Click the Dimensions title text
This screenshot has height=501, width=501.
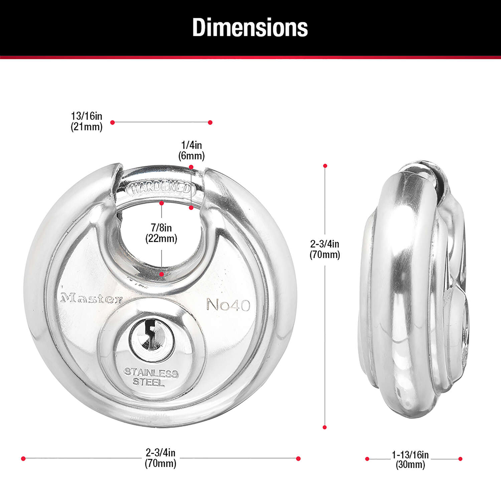250,27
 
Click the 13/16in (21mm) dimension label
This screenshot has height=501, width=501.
87,121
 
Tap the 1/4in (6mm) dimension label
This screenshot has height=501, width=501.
191,150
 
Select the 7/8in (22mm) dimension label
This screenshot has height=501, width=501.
161,233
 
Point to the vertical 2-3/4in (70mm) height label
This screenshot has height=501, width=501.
325,249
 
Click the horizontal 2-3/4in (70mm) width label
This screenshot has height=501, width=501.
160,458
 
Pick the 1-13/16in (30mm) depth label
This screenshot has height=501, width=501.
410,460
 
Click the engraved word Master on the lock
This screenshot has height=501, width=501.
91,298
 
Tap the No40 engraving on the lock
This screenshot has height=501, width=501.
228,305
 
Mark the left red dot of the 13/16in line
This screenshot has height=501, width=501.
113,123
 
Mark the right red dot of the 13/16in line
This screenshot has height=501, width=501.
210,123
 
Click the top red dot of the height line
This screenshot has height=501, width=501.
325,166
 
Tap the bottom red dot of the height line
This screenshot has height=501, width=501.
325,427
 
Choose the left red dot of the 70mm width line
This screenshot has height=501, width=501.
23,459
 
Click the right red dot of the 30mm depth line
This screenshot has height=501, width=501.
460,459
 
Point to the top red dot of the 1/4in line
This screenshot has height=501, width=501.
191,167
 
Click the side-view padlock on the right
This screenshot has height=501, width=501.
414,291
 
